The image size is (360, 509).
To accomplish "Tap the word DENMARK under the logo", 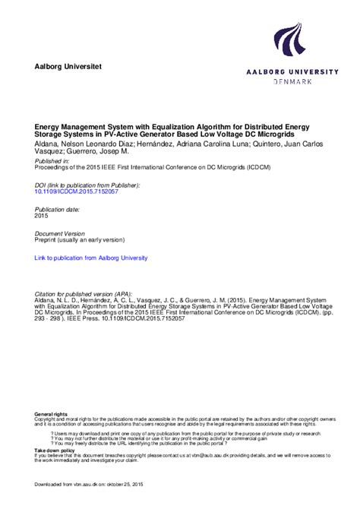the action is coord(291,81).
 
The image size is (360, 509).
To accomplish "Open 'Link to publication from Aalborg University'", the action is coord(91,258).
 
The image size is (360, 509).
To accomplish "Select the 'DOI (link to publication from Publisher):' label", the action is coord(87,185).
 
